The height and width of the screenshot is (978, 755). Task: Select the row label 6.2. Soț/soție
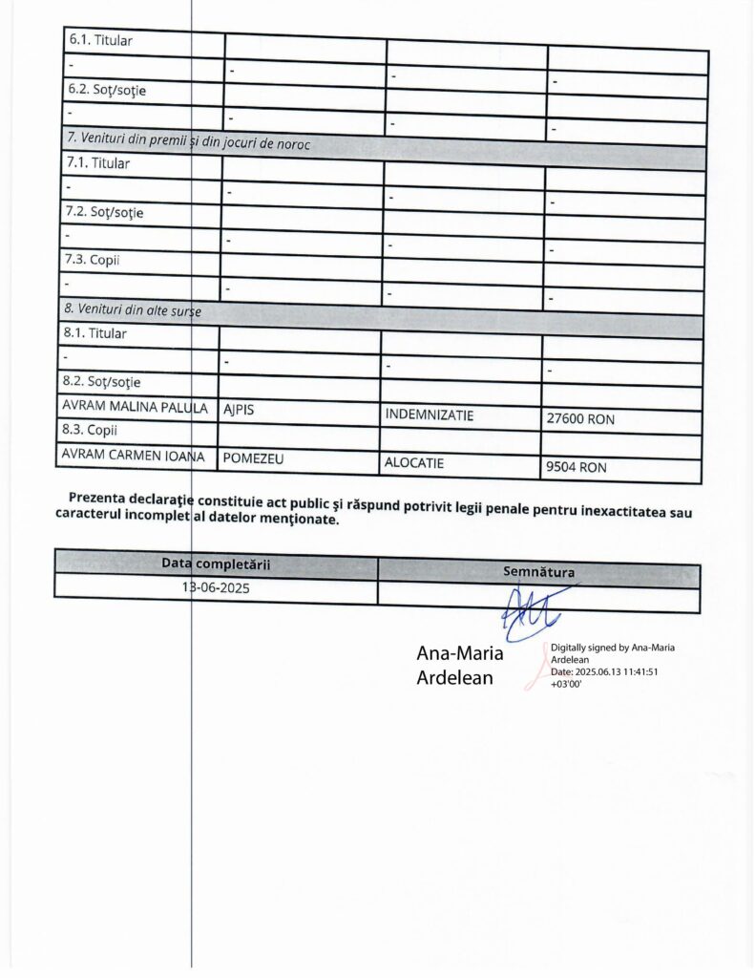(105, 91)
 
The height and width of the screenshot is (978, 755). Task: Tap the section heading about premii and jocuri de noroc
(191, 140)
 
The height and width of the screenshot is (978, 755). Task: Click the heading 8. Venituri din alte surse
(133, 310)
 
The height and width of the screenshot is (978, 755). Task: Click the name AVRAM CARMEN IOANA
(134, 456)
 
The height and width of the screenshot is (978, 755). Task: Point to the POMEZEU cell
(254, 458)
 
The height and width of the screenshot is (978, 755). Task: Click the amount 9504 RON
(575, 468)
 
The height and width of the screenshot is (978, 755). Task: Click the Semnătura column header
(538, 572)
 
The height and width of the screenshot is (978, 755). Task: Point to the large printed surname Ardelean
(455, 678)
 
